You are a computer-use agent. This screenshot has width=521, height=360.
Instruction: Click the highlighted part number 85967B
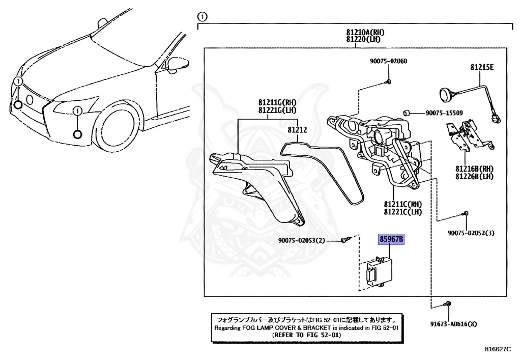tap(391, 239)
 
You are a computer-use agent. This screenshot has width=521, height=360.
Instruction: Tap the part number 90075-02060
tap(388, 61)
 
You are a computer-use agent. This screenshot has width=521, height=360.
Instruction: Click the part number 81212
tap(297, 130)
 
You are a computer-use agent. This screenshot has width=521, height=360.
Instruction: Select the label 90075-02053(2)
tap(301, 240)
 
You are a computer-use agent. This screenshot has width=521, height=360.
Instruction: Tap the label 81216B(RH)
tap(474, 169)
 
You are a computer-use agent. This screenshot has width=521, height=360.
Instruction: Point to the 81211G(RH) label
tap(277, 102)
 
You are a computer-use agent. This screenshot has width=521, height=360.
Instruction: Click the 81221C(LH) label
tap(403, 212)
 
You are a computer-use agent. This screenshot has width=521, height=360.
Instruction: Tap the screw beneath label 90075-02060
tap(388, 81)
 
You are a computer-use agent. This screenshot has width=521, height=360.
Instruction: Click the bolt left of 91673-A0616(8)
tap(447, 304)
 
